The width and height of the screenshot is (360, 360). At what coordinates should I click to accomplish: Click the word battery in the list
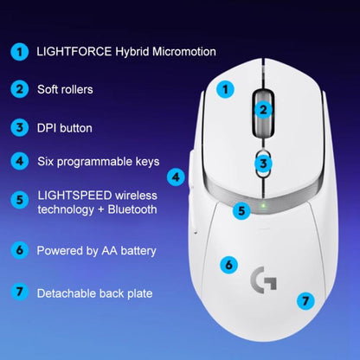(136, 251)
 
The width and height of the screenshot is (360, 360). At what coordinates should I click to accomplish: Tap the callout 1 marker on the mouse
(225, 88)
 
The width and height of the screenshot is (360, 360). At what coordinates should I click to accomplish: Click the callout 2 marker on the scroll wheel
(264, 110)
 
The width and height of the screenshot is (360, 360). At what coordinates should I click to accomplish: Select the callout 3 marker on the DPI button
(264, 163)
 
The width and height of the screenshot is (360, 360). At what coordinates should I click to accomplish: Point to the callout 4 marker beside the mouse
(176, 177)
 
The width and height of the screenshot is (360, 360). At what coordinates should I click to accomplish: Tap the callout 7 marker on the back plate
(304, 301)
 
